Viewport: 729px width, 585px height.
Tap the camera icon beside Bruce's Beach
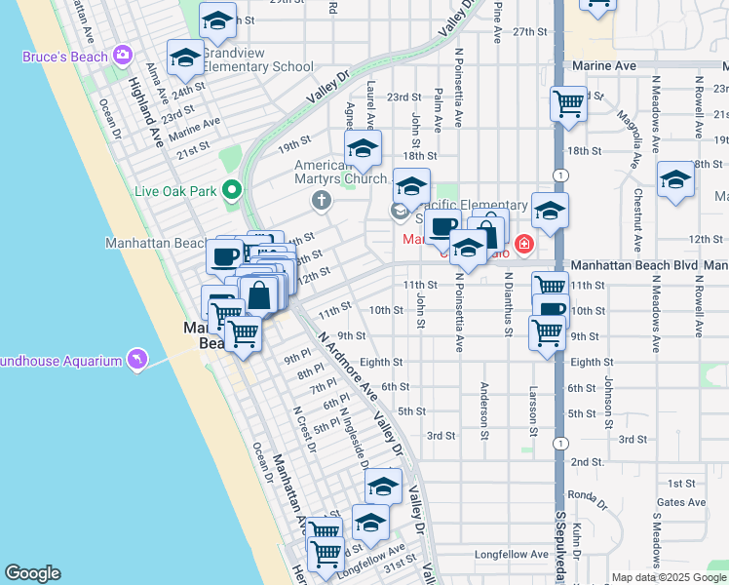[123, 54]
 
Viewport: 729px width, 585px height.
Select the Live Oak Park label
[175, 190]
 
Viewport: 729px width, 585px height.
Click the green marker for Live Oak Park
[232, 188]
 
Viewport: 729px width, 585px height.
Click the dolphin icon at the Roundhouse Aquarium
[137, 360]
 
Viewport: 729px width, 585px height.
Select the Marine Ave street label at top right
[611, 65]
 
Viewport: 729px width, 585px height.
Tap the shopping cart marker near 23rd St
[567, 102]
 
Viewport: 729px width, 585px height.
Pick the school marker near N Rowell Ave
[675, 180]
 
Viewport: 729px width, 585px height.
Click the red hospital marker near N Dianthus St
[524, 243]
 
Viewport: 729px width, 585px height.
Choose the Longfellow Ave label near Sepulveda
[511, 554]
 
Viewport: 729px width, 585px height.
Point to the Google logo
[32, 573]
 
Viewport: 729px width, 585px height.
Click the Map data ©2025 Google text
[668, 577]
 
